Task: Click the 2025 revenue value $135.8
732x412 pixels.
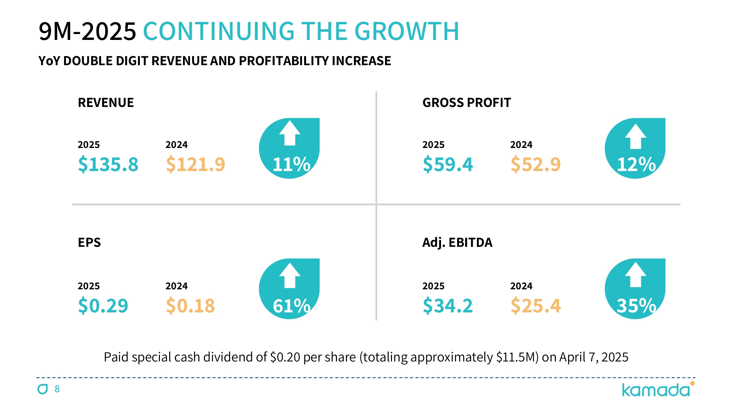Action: point(108,164)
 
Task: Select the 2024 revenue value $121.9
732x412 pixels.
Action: point(195,164)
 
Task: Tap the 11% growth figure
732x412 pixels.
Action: point(291,164)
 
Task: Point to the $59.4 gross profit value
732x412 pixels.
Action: point(448,164)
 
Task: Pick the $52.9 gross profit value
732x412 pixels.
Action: point(535,164)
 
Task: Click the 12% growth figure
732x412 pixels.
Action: point(636,164)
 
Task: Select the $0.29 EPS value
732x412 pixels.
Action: point(103,305)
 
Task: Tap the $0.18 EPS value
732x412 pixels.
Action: point(190,305)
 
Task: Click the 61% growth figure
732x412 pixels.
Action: point(291,305)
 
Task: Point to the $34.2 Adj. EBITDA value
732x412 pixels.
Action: point(448,305)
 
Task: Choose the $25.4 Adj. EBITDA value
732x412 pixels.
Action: point(535,305)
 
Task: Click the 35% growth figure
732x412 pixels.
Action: point(636,305)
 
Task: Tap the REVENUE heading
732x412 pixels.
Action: point(106,103)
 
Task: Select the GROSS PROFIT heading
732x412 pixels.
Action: point(467,103)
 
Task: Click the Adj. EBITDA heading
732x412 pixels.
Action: point(457,242)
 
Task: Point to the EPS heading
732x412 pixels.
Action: point(89,242)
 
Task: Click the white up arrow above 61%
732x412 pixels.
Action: point(290,275)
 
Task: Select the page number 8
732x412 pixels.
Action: point(57,389)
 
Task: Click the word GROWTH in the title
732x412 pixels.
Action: point(407,31)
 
